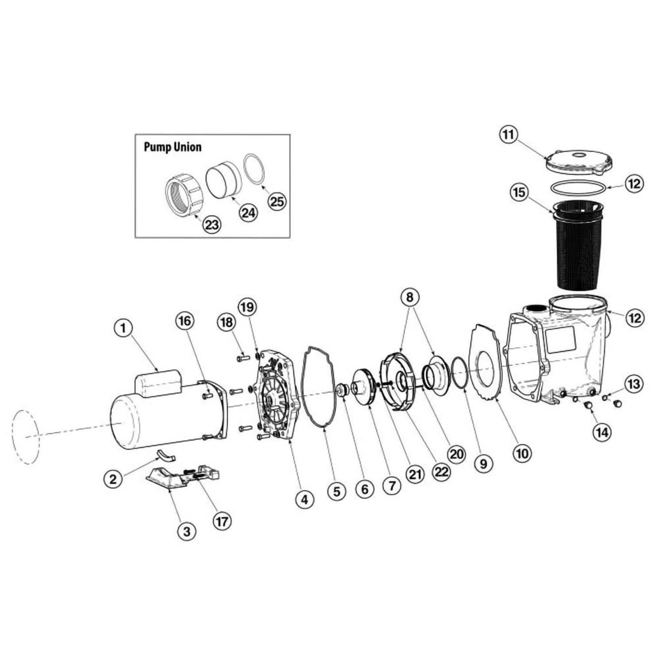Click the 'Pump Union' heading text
click(172, 147)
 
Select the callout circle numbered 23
click(212, 224)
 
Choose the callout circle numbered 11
click(508, 134)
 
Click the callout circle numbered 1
click(124, 328)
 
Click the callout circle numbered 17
click(222, 521)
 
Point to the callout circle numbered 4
click(305, 500)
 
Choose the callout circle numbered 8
click(409, 297)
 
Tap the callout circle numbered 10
click(522, 453)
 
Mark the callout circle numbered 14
click(602, 432)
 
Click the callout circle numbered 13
click(633, 384)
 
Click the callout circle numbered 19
click(247, 306)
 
